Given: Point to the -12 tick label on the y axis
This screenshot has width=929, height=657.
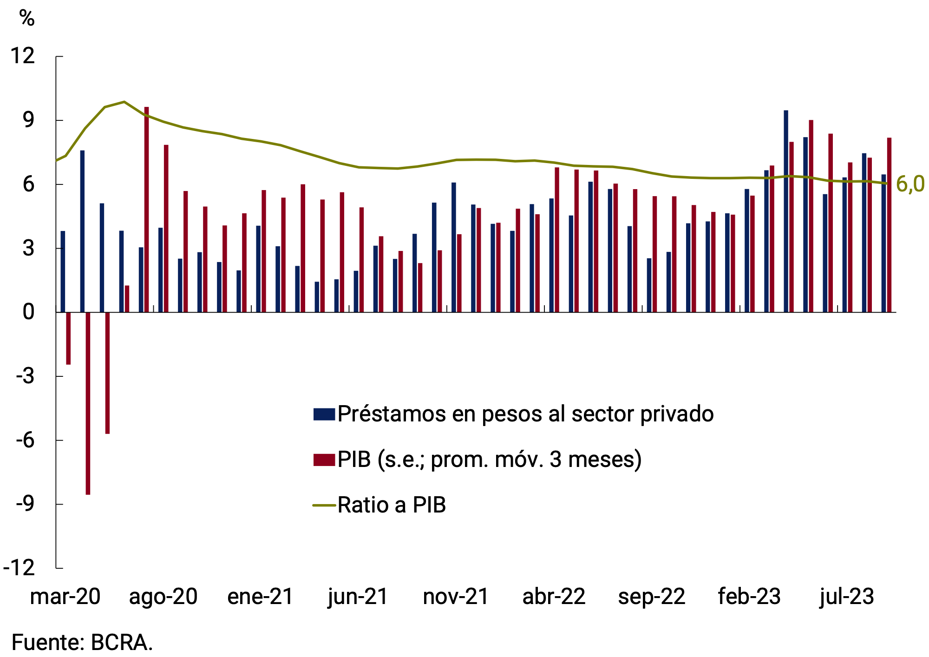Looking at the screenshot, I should (20, 568).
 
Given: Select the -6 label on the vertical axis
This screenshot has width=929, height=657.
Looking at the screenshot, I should (25, 440).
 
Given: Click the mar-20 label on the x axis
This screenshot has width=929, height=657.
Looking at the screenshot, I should (65, 597).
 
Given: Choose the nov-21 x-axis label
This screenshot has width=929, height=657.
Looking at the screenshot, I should (456, 597).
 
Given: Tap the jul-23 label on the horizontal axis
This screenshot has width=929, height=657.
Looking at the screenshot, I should (846, 597).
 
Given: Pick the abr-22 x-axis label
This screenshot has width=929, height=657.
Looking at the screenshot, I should (554, 597).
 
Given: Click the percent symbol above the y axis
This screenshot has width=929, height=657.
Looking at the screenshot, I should (27, 19).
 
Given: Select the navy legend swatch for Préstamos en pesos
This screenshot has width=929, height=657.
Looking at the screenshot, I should (324, 414).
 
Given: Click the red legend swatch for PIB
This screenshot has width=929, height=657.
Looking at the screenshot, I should (324, 460).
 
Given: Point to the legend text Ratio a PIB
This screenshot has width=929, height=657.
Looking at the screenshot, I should (392, 505).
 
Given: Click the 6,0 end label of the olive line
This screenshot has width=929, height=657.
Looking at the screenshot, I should (910, 184).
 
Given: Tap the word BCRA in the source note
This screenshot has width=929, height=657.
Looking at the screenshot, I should (121, 643).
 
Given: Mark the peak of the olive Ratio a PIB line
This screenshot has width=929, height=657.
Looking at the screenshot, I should (124, 101).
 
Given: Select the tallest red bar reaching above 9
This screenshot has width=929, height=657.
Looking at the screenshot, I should (146, 209).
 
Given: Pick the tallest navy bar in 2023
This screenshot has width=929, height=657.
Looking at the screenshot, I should (786, 211).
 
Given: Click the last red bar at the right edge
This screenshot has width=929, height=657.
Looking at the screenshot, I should (889, 225).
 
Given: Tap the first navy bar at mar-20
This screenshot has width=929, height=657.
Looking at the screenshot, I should (63, 271).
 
